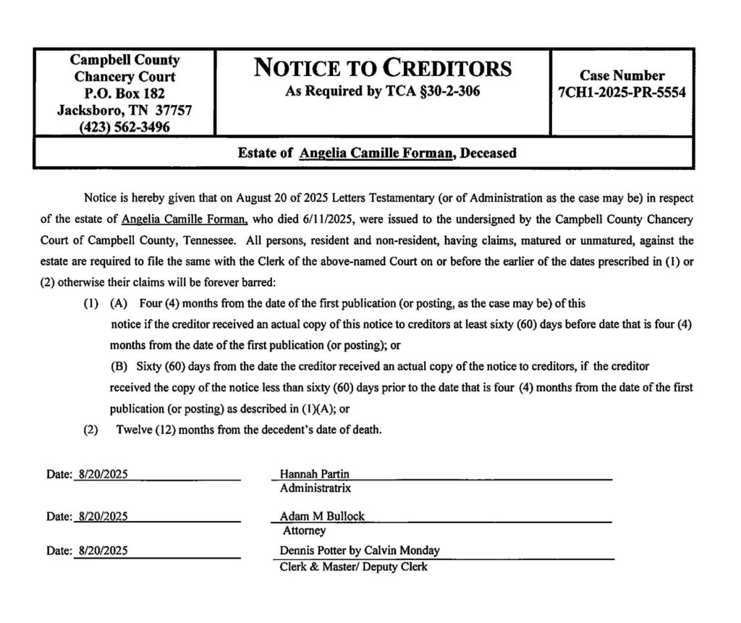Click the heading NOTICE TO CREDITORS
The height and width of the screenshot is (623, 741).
tap(383, 69)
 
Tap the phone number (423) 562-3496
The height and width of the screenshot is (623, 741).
tap(124, 127)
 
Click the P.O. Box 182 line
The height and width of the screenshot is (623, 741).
tap(124, 93)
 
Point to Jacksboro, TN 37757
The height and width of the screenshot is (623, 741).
tap(124, 110)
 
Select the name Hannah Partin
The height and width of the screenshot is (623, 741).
tap(314, 474)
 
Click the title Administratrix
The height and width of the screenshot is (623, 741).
tap(316, 488)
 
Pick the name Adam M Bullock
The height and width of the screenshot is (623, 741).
tap(322, 516)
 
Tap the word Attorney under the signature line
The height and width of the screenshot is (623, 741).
tap(304, 530)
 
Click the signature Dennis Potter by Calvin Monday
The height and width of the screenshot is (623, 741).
tap(360, 550)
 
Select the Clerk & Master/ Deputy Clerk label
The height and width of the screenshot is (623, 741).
tap(353, 567)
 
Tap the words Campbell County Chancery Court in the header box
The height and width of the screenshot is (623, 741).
tap(124, 68)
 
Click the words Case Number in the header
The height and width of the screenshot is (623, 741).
tap(622, 75)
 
